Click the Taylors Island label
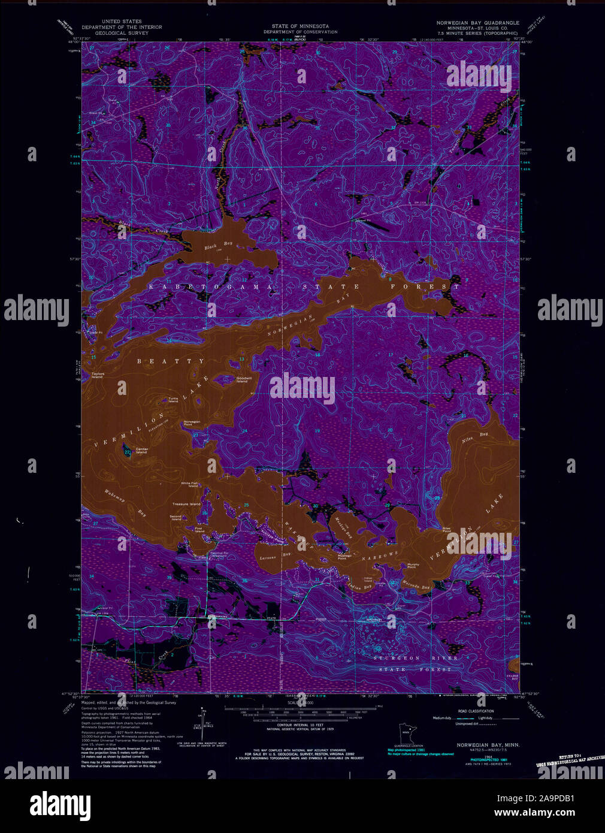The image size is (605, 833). pos(97,376)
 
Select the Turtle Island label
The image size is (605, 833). pos(173,400)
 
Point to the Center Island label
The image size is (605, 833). pos(142,451)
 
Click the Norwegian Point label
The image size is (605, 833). pos(192,423)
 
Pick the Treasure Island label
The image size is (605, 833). pos(186,504)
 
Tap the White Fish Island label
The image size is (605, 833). pos(190,485)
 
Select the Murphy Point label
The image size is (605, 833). pos(413,565)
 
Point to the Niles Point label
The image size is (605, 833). pos(446,530)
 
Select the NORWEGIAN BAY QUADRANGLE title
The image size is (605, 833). pos(477,22)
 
